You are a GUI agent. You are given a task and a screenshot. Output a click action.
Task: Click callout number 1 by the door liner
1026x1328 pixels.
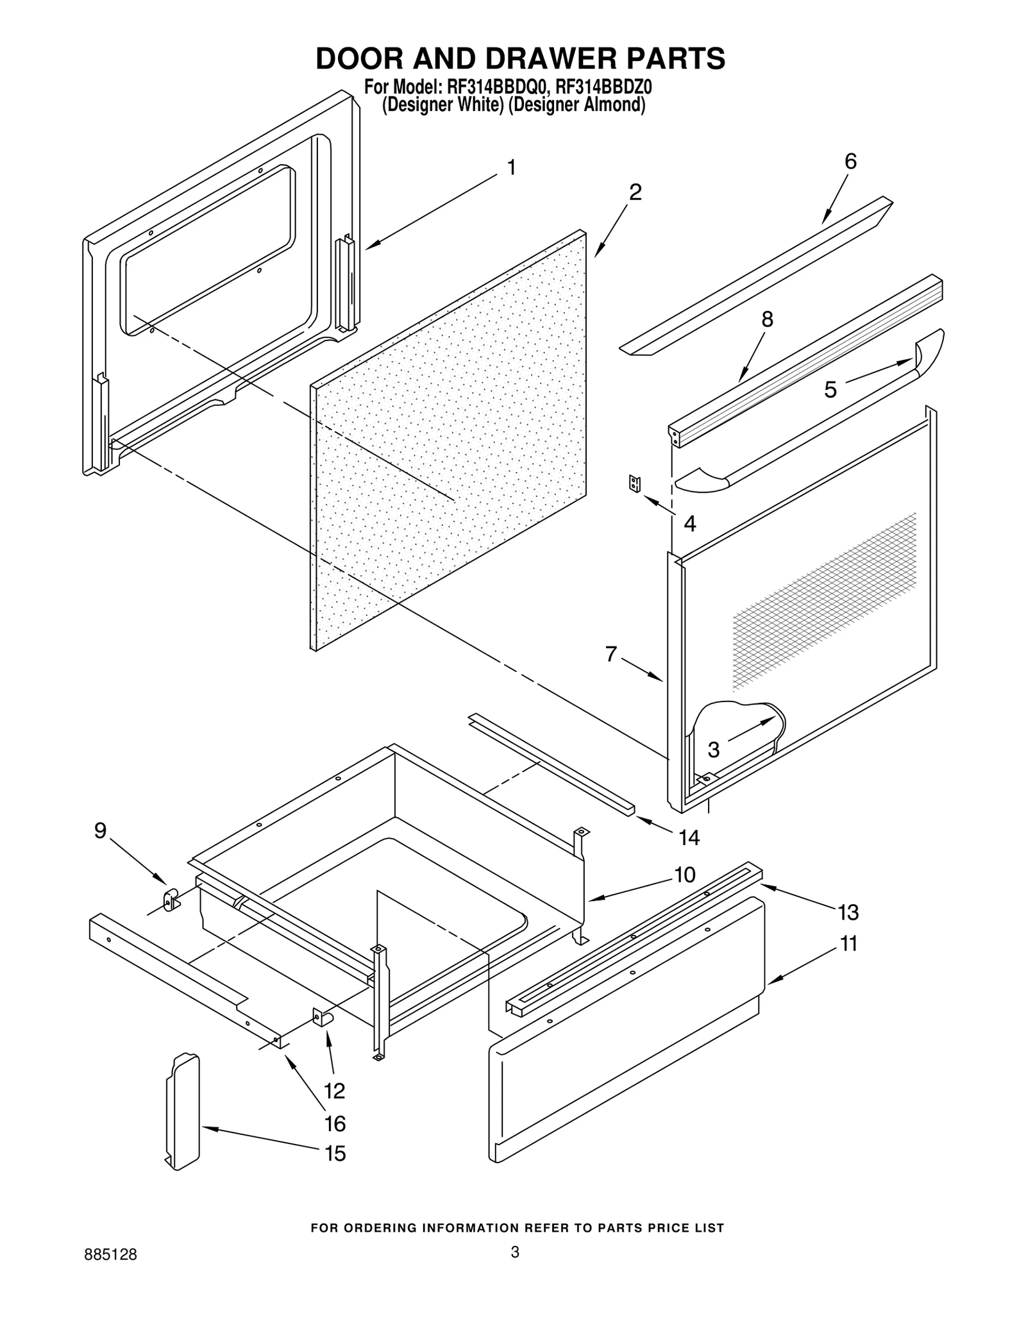(x=511, y=168)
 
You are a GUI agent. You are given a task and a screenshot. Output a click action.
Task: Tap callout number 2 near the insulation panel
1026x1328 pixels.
(x=635, y=192)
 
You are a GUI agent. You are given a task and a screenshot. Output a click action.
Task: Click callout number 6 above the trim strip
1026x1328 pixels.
(x=850, y=162)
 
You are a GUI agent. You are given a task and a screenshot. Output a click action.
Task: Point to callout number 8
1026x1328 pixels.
(x=767, y=319)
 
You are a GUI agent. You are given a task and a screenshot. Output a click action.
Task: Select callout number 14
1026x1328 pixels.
(x=689, y=837)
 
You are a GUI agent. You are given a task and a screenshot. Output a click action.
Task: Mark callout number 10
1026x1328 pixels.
(x=685, y=875)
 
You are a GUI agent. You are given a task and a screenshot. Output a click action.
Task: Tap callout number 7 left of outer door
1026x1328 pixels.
(x=611, y=654)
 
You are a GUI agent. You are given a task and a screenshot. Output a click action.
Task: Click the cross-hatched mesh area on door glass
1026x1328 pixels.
(x=827, y=603)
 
